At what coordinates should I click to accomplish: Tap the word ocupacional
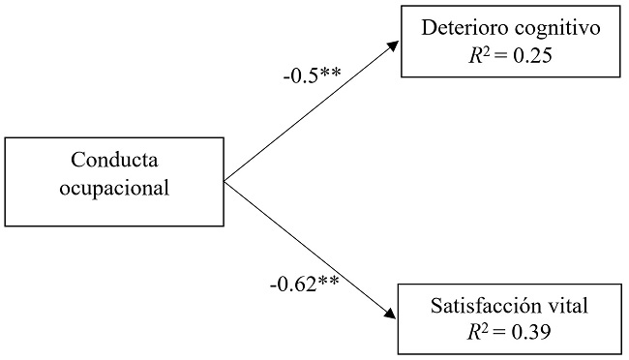point(114,187)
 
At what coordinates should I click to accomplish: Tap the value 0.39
point(532,333)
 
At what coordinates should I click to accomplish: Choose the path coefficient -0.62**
point(304,285)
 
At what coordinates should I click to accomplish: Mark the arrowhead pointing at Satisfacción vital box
point(393,316)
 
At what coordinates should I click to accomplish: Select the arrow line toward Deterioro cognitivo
point(310,112)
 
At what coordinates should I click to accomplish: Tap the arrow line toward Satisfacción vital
point(310,249)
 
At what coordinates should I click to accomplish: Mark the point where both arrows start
point(225,180)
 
